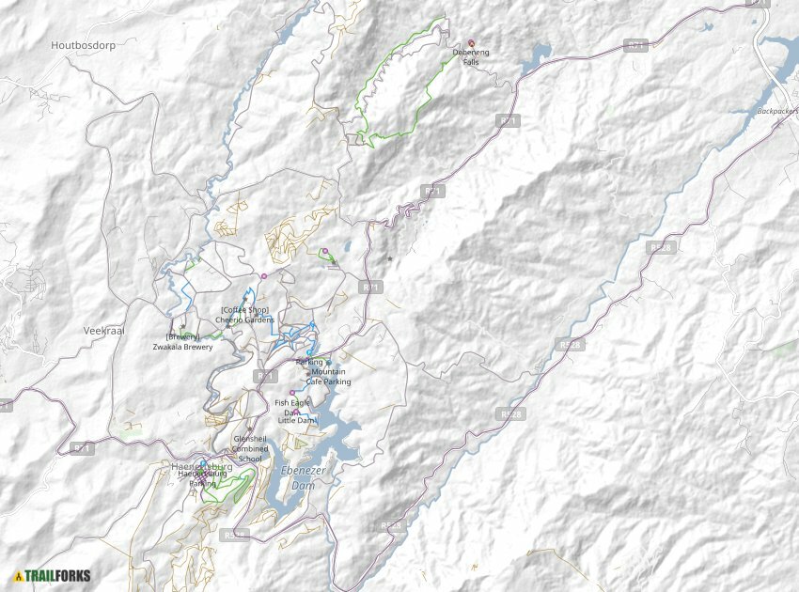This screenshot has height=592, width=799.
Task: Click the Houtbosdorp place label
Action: click(83, 44)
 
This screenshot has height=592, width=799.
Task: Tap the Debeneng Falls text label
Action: click(471, 57)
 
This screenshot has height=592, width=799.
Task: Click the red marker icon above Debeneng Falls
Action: click(472, 42)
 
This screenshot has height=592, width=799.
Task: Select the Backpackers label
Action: click(776, 111)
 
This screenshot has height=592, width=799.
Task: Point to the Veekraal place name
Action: click(103, 331)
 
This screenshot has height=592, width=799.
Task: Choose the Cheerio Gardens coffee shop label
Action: click(244, 315)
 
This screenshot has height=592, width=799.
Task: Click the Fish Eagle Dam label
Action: click(292, 402)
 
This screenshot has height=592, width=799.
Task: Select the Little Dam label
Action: click(297, 420)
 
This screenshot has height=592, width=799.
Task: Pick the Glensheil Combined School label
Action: click(250, 448)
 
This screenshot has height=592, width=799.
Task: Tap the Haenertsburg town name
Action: click(201, 466)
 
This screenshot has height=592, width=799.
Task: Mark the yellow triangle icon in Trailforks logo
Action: click(18, 576)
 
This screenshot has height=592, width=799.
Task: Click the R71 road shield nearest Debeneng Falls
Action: click(508, 120)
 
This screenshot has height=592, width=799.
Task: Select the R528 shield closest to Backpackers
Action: click(661, 247)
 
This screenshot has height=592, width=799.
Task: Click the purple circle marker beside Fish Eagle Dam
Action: click(292, 393)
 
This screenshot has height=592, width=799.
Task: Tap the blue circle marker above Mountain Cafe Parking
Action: click(328, 362)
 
